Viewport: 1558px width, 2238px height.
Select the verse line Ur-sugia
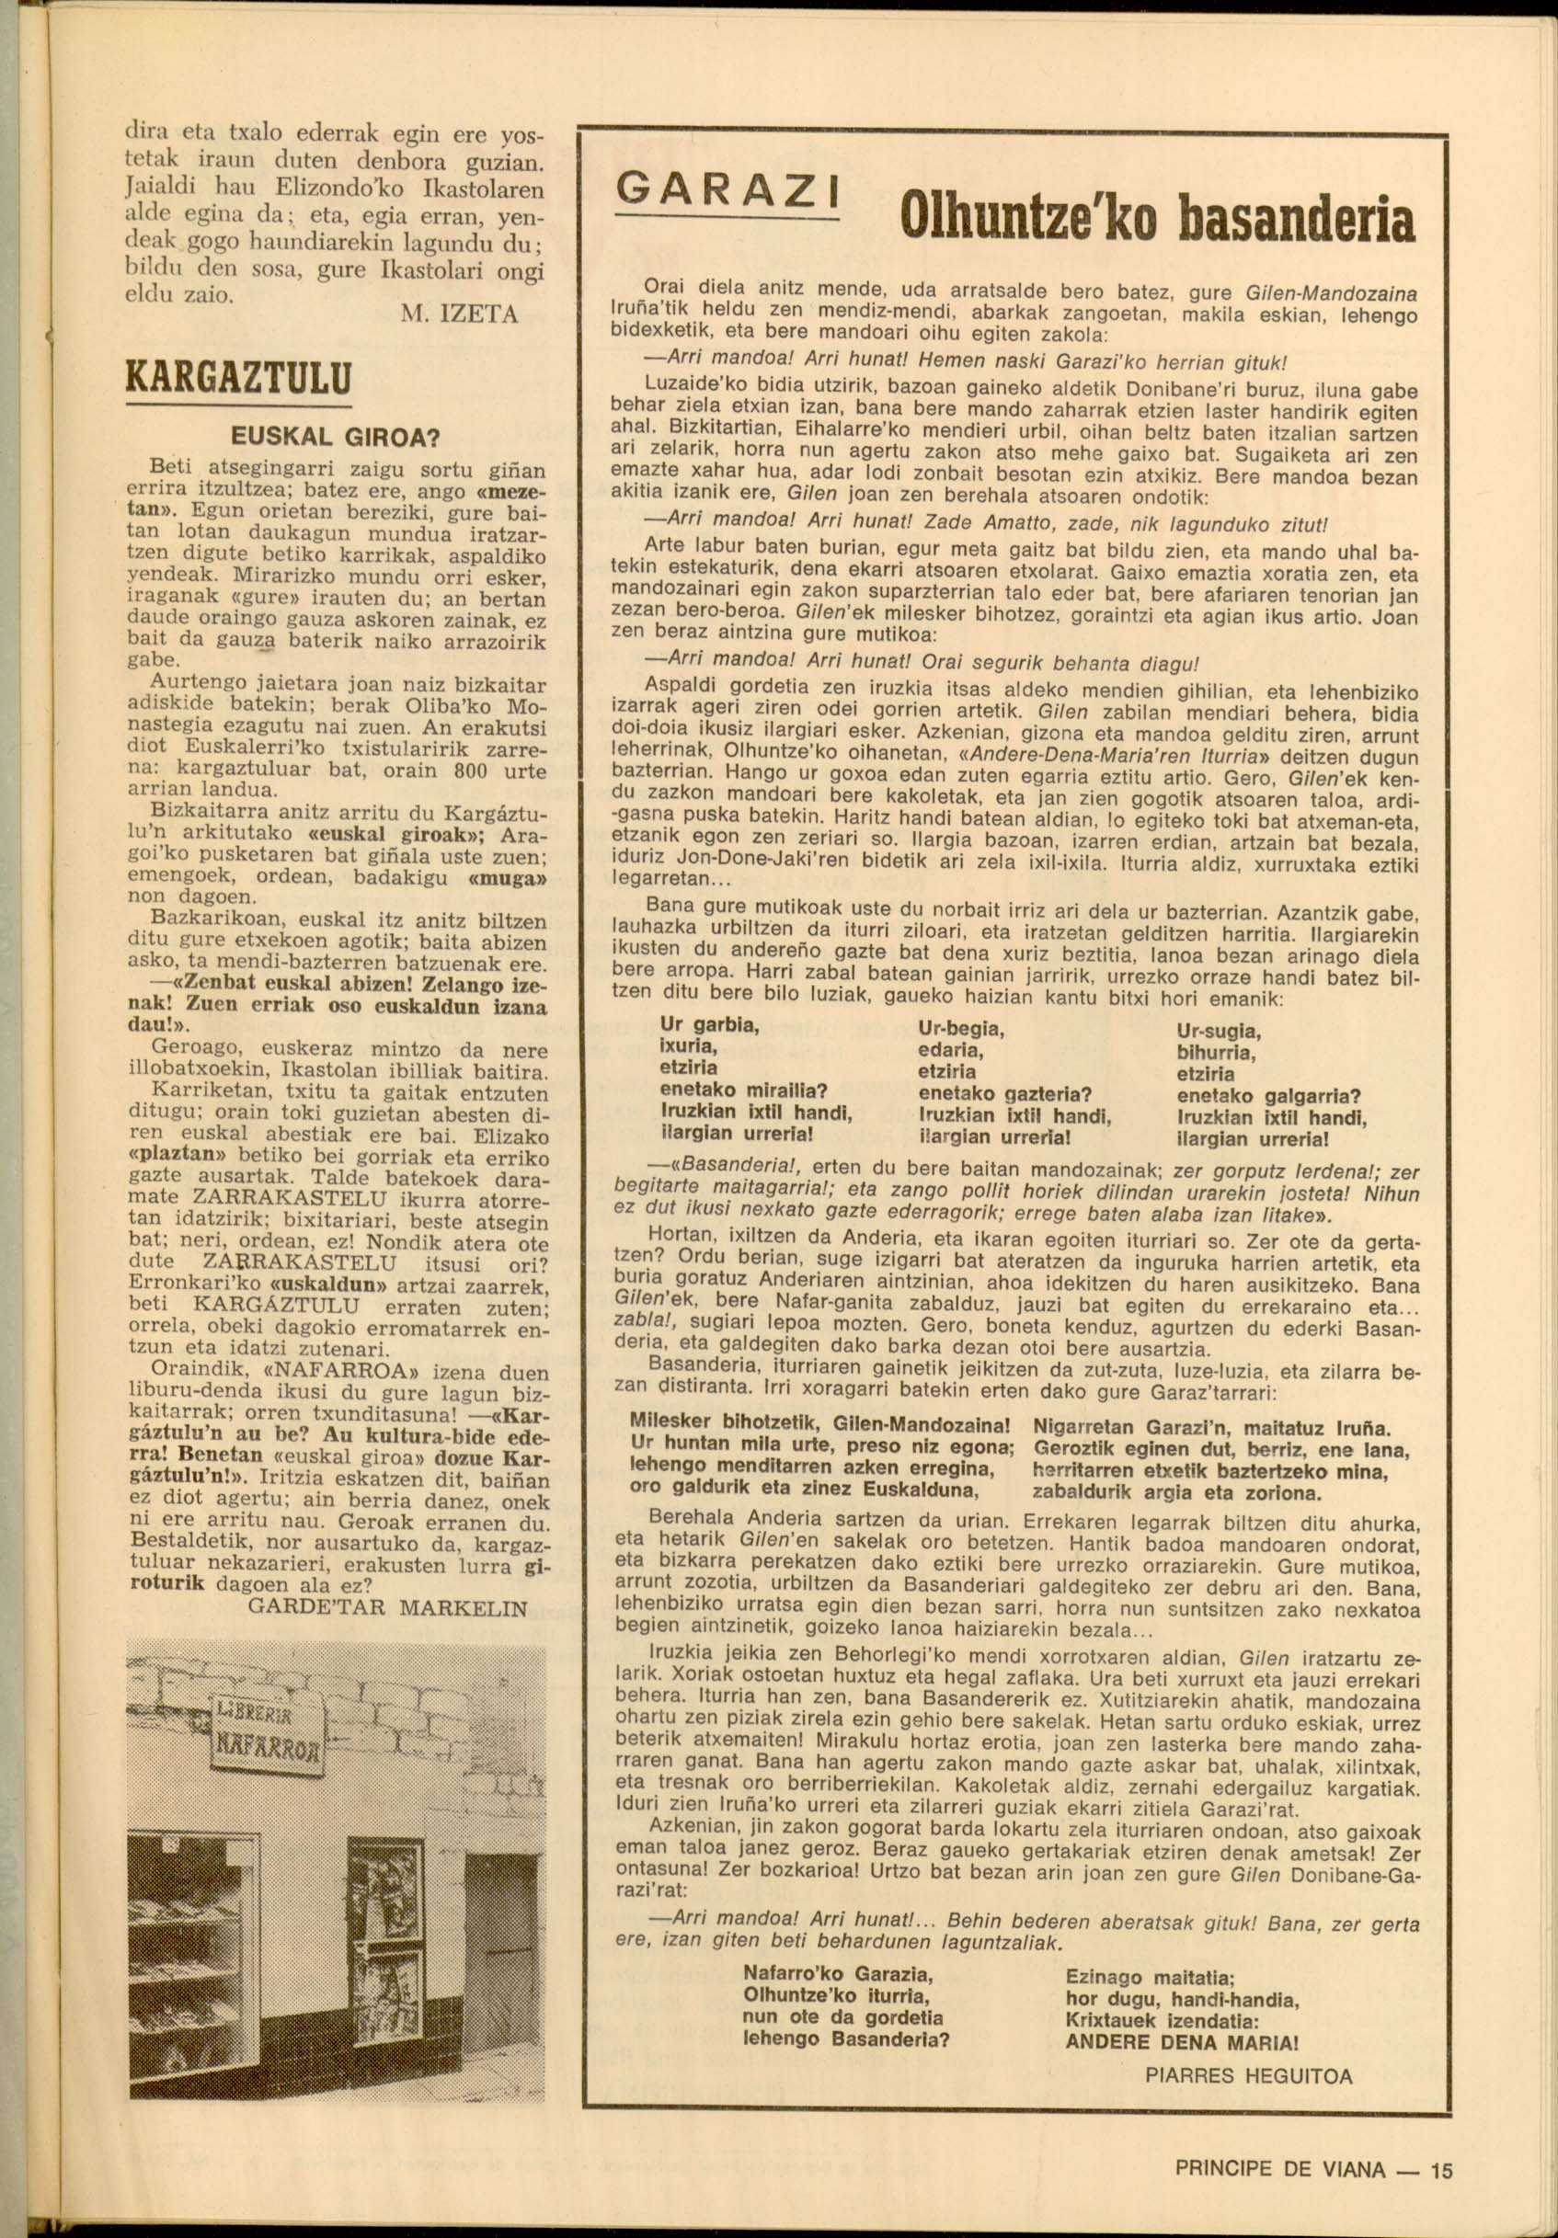1219,1033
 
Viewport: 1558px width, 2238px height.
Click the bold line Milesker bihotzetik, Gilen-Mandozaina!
822,1424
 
